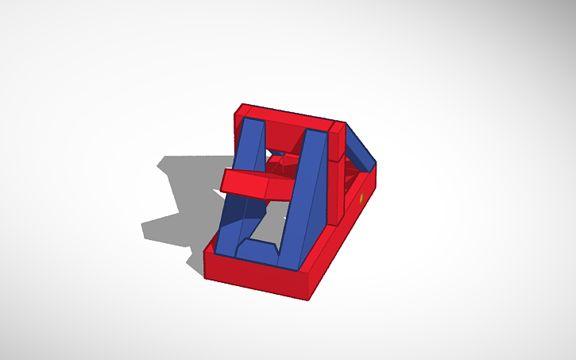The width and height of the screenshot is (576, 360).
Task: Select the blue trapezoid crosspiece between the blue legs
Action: click(x=258, y=251)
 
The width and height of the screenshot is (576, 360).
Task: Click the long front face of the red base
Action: click(x=254, y=277)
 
